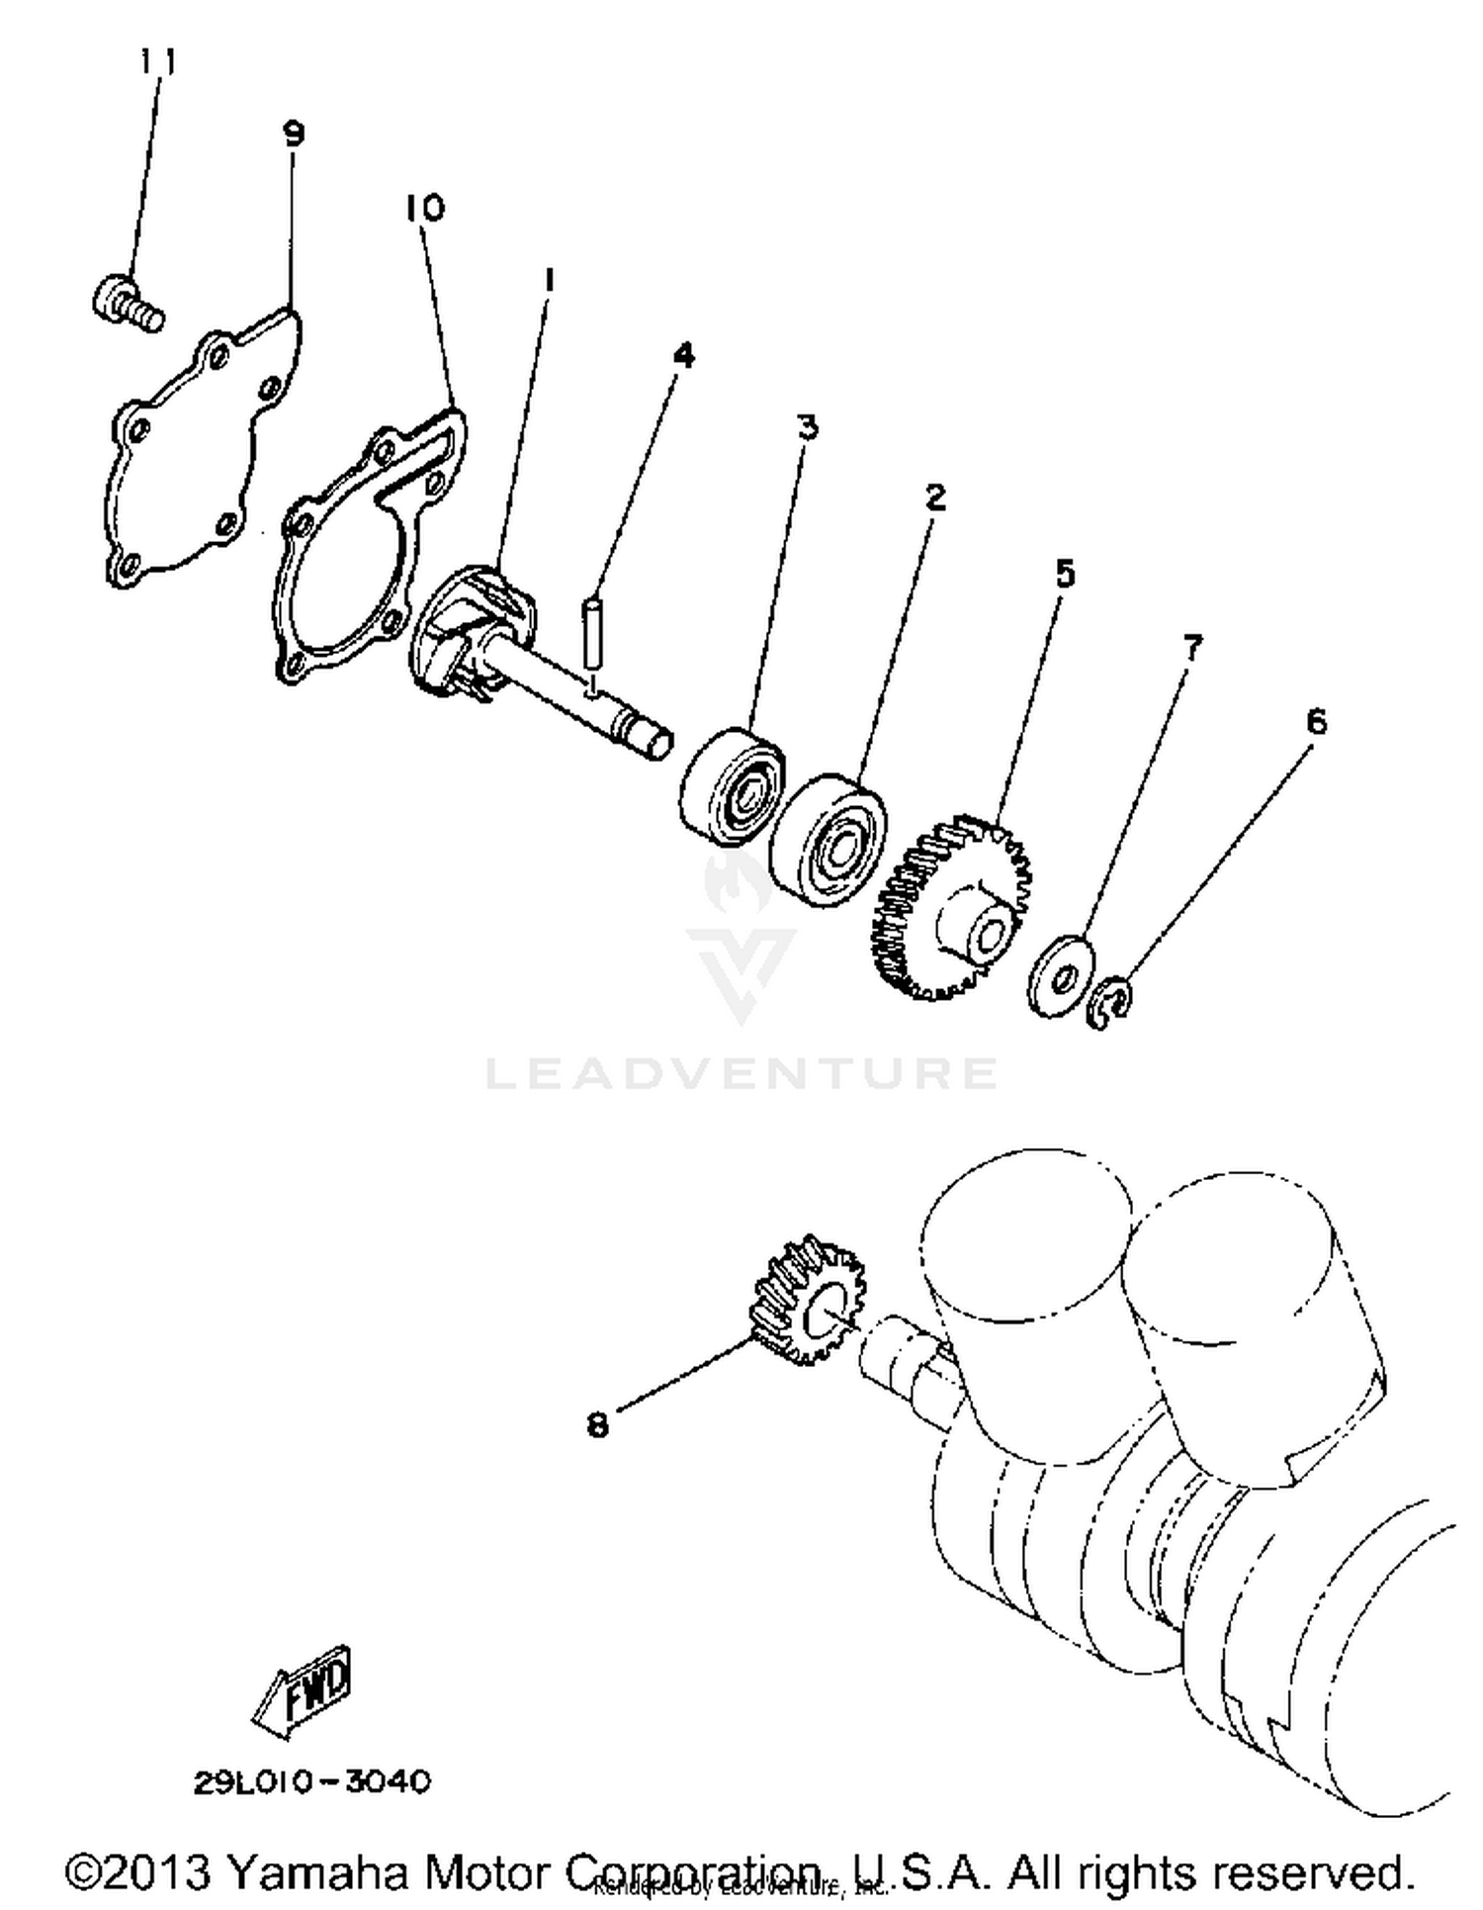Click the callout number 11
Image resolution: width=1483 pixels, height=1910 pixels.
tap(157, 61)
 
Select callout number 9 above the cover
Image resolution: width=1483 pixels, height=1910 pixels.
tap(294, 133)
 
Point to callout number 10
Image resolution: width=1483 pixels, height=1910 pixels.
tap(425, 208)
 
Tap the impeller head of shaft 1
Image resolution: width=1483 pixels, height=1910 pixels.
tap(470, 633)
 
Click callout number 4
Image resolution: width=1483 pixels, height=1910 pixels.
tap(684, 355)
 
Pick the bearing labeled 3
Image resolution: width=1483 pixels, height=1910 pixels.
tap(734, 786)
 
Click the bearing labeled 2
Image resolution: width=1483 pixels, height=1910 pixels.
tap(829, 839)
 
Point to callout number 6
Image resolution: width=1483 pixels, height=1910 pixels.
tap(1316, 722)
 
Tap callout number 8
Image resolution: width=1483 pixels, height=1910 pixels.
tap(597, 1425)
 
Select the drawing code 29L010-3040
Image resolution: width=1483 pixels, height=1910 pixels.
tap(312, 1781)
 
